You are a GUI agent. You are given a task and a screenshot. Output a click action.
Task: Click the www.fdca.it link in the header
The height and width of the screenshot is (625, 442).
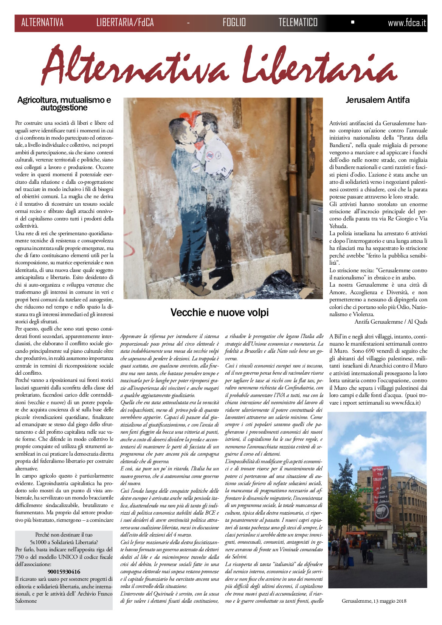click(407, 23)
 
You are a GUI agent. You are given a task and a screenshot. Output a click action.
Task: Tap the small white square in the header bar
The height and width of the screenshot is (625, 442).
click(353, 22)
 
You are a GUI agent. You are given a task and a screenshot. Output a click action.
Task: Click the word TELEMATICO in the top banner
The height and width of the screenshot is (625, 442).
click(298, 23)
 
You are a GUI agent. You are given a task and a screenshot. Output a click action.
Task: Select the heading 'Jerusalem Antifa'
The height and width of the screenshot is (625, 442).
click(377, 100)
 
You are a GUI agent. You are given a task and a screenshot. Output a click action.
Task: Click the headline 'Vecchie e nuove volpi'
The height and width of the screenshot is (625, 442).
click(219, 312)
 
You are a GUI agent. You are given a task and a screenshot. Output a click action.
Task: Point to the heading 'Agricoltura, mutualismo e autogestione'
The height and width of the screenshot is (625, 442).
click(64, 104)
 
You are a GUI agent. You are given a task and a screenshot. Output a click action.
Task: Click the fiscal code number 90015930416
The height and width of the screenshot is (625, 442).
click(64, 572)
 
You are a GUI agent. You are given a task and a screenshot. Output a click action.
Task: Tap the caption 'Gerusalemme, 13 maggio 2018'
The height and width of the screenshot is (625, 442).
click(374, 600)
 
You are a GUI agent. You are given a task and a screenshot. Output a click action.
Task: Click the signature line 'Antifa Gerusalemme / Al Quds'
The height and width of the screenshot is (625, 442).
click(391, 322)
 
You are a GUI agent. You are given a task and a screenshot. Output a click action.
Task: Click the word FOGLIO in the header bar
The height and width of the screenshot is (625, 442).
click(234, 23)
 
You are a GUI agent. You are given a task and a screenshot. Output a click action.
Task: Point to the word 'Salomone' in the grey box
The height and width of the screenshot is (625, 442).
click(26, 601)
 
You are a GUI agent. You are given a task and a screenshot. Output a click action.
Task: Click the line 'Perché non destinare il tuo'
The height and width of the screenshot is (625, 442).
click(64, 535)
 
